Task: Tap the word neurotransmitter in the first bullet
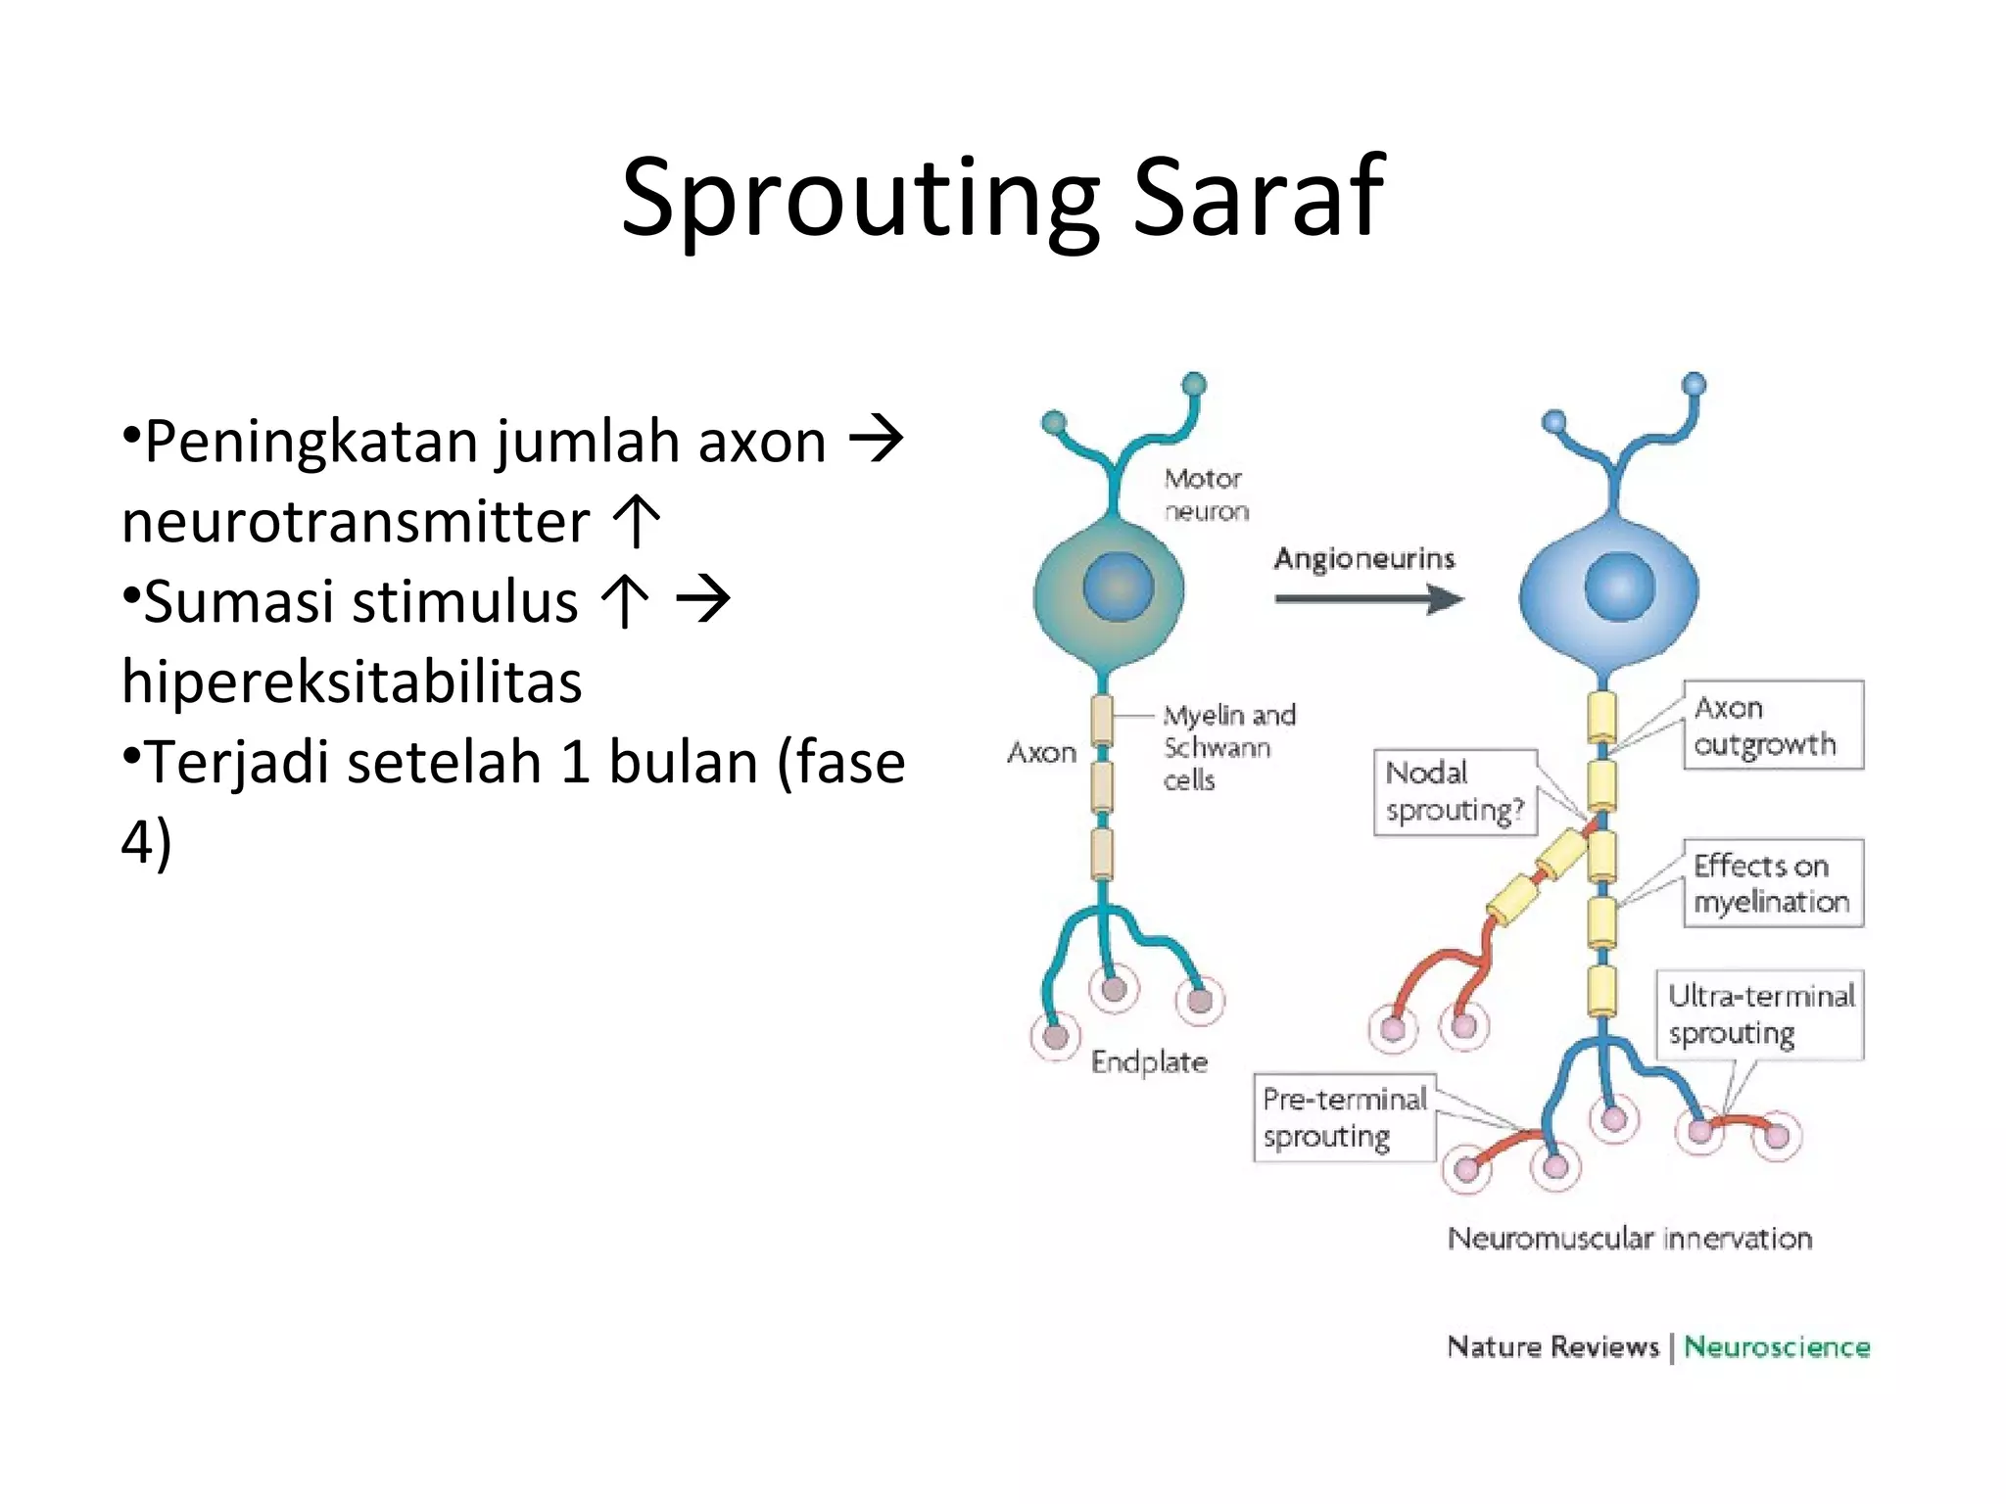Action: pos(356,521)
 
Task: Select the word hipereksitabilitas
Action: pos(352,681)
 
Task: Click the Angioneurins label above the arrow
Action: pos(1363,558)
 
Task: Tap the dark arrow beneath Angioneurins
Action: pos(1368,598)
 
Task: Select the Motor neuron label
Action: pos(1206,494)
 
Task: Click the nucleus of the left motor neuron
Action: pos(1118,587)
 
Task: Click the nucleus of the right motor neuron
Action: pos(1619,587)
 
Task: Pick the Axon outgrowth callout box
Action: pos(1773,726)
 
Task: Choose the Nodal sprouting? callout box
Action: pos(1456,792)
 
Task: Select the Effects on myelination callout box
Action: pos(1773,883)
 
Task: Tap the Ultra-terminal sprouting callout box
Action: pos(1760,1014)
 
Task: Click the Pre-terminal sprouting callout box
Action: pos(1345,1117)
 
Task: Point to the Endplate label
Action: pos(1149,1062)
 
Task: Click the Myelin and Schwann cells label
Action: pos(1228,747)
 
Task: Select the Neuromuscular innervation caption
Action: pos(1630,1239)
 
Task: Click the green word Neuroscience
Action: pos(1777,1347)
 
